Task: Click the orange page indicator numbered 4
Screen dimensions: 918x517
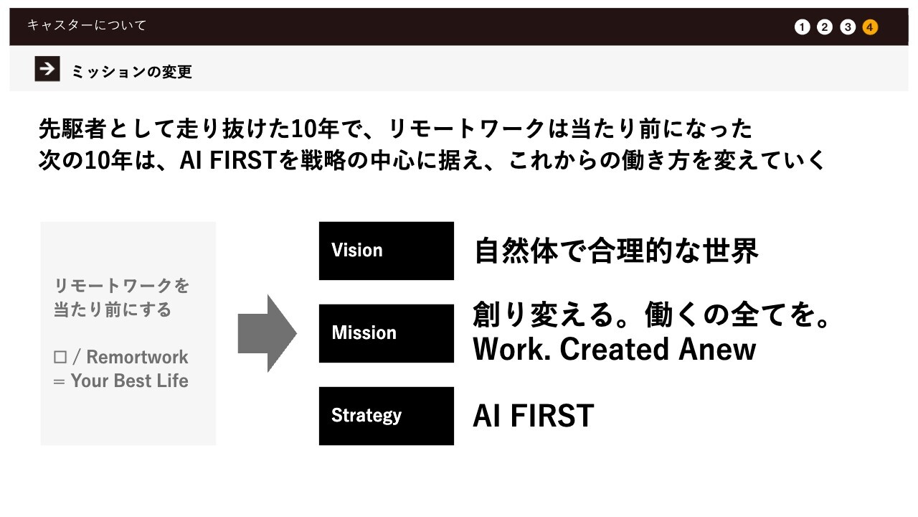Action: coord(870,27)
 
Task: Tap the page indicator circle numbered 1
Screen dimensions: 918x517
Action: coord(802,27)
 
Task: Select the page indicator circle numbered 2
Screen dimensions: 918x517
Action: coord(825,27)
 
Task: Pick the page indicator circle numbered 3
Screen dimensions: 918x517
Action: coord(848,27)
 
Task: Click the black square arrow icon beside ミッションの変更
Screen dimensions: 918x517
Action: coord(47,68)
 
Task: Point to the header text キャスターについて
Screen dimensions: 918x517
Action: coord(87,25)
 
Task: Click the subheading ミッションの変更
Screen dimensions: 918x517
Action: coord(132,72)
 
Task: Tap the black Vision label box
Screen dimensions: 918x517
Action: coord(386,251)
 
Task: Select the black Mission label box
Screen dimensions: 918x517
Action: coord(386,333)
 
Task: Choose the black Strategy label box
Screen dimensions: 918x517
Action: coord(386,416)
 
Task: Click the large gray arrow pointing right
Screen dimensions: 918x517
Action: coord(268,333)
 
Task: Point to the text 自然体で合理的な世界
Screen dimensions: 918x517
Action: coord(616,251)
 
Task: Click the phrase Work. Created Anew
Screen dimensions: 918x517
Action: coord(615,349)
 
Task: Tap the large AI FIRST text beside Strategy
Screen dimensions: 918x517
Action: coord(534,416)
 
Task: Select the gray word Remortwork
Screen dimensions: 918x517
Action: coord(137,357)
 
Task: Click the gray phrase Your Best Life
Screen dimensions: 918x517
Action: coord(130,381)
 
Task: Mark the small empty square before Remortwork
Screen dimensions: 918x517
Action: coord(60,357)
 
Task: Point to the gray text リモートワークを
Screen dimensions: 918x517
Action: coord(122,286)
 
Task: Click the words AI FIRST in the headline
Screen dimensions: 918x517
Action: coord(229,160)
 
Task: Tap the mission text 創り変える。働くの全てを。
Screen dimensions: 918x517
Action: coord(652,315)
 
